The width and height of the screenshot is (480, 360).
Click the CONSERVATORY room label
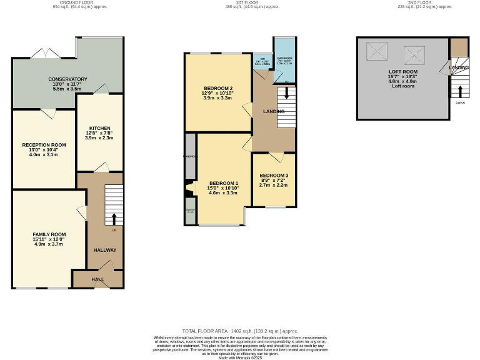[x=68, y=79]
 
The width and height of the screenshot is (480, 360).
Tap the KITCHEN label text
[x=99, y=127]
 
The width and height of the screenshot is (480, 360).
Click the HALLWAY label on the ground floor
[x=105, y=250]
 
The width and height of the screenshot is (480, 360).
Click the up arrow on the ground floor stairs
[x=114, y=219]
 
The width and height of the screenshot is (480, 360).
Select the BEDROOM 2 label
[x=217, y=88]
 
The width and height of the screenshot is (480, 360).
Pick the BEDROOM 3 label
[x=274, y=175]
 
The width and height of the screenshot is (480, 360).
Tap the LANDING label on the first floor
[x=274, y=111]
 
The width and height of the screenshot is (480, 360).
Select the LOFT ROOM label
[x=402, y=72]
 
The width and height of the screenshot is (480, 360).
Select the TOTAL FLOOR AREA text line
[x=240, y=331]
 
